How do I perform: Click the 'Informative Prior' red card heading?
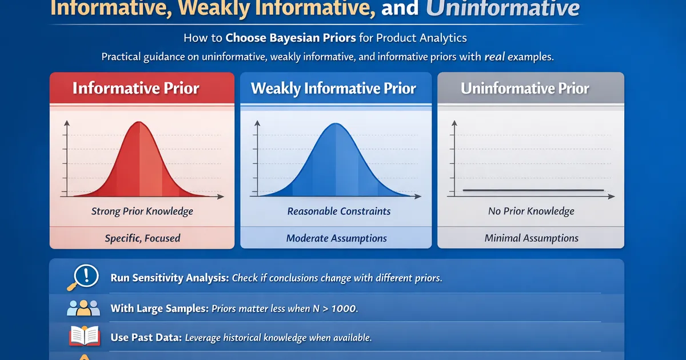click(135, 88)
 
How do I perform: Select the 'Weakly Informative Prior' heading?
click(333, 89)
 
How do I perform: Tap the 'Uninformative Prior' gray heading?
click(525, 89)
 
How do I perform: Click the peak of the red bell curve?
click(139, 122)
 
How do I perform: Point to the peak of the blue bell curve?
click(336, 123)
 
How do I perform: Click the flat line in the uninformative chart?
click(533, 190)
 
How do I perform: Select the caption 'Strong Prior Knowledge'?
click(142, 211)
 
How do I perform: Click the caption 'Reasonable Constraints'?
click(338, 211)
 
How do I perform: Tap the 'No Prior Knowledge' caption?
click(531, 211)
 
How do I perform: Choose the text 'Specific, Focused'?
click(142, 238)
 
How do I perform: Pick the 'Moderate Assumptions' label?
click(336, 238)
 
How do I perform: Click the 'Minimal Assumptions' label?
click(531, 238)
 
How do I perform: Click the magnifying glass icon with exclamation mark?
click(83, 277)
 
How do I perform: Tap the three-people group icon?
click(83, 308)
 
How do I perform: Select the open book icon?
click(85, 336)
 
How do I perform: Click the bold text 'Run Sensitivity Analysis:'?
click(170, 278)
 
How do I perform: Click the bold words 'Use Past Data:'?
click(146, 337)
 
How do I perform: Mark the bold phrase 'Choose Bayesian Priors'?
click(290, 38)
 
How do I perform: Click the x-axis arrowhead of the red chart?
click(221, 197)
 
